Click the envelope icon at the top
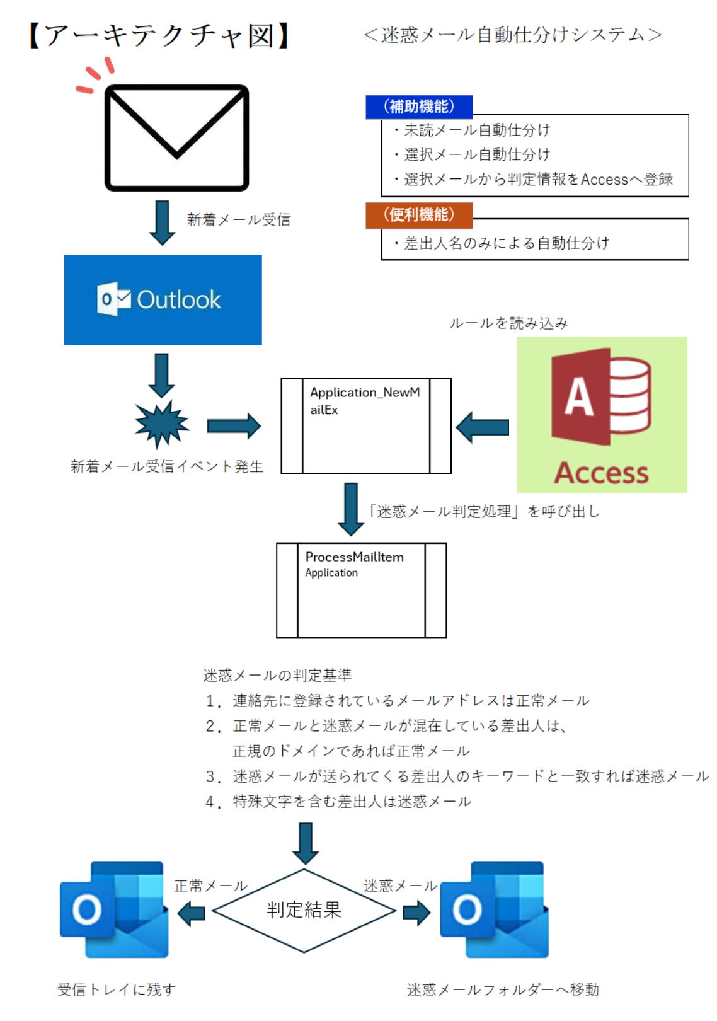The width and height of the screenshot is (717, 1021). click(x=176, y=137)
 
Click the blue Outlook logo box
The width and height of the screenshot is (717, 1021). click(x=163, y=300)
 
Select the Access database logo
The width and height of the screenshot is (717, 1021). click(x=602, y=414)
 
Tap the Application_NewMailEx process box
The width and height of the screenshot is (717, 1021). click(x=365, y=425)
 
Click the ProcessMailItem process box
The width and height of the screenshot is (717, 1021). click(x=361, y=591)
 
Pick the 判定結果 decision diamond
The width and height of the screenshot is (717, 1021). click(x=304, y=910)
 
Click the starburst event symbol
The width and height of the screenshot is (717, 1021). click(x=162, y=424)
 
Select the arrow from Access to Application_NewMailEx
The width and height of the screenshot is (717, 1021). click(x=483, y=427)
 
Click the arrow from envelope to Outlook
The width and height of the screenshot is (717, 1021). click(x=162, y=222)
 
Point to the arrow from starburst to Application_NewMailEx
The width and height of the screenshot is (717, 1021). click(x=234, y=426)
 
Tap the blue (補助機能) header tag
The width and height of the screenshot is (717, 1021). click(x=419, y=107)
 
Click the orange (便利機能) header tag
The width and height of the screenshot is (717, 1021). click(x=419, y=215)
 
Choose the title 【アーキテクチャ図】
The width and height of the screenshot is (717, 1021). click(x=159, y=35)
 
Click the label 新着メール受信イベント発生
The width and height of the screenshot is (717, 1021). click(x=166, y=466)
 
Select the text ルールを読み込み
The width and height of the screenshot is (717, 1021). click(x=508, y=323)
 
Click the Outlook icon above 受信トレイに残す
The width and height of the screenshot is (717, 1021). click(x=114, y=909)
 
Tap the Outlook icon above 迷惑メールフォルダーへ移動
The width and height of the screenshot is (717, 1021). click(x=495, y=909)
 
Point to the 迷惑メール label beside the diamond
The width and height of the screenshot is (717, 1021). click(x=400, y=885)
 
